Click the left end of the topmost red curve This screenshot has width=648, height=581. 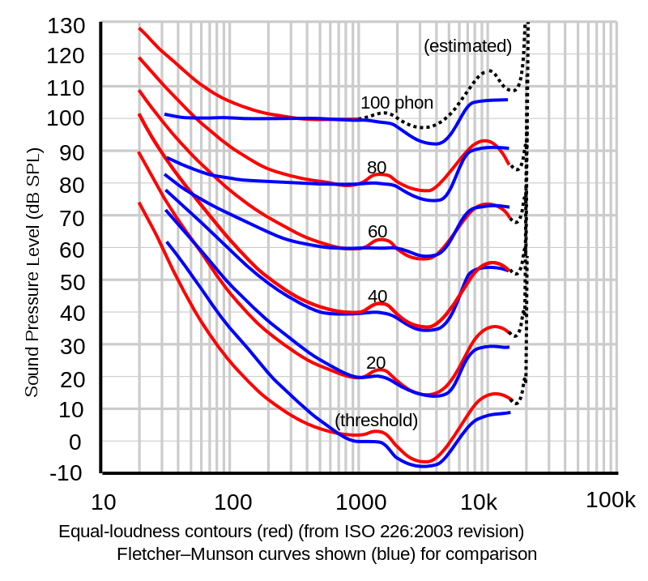click(139, 28)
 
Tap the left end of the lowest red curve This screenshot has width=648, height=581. click(139, 203)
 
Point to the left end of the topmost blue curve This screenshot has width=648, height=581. click(164, 116)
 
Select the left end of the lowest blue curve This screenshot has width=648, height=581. click(167, 242)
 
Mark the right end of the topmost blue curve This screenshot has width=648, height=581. click(507, 100)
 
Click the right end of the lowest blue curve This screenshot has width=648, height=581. click(510, 412)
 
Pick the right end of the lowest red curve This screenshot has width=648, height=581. click(513, 398)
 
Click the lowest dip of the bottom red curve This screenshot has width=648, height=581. click(426, 464)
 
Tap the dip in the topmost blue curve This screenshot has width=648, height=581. click(435, 144)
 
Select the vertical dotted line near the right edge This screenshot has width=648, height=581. click(526, 203)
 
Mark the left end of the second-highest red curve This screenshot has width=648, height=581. click(139, 58)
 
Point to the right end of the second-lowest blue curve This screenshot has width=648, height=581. click(509, 347)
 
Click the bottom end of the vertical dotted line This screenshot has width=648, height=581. click(526, 381)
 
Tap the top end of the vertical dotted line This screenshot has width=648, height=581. click(528, 23)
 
